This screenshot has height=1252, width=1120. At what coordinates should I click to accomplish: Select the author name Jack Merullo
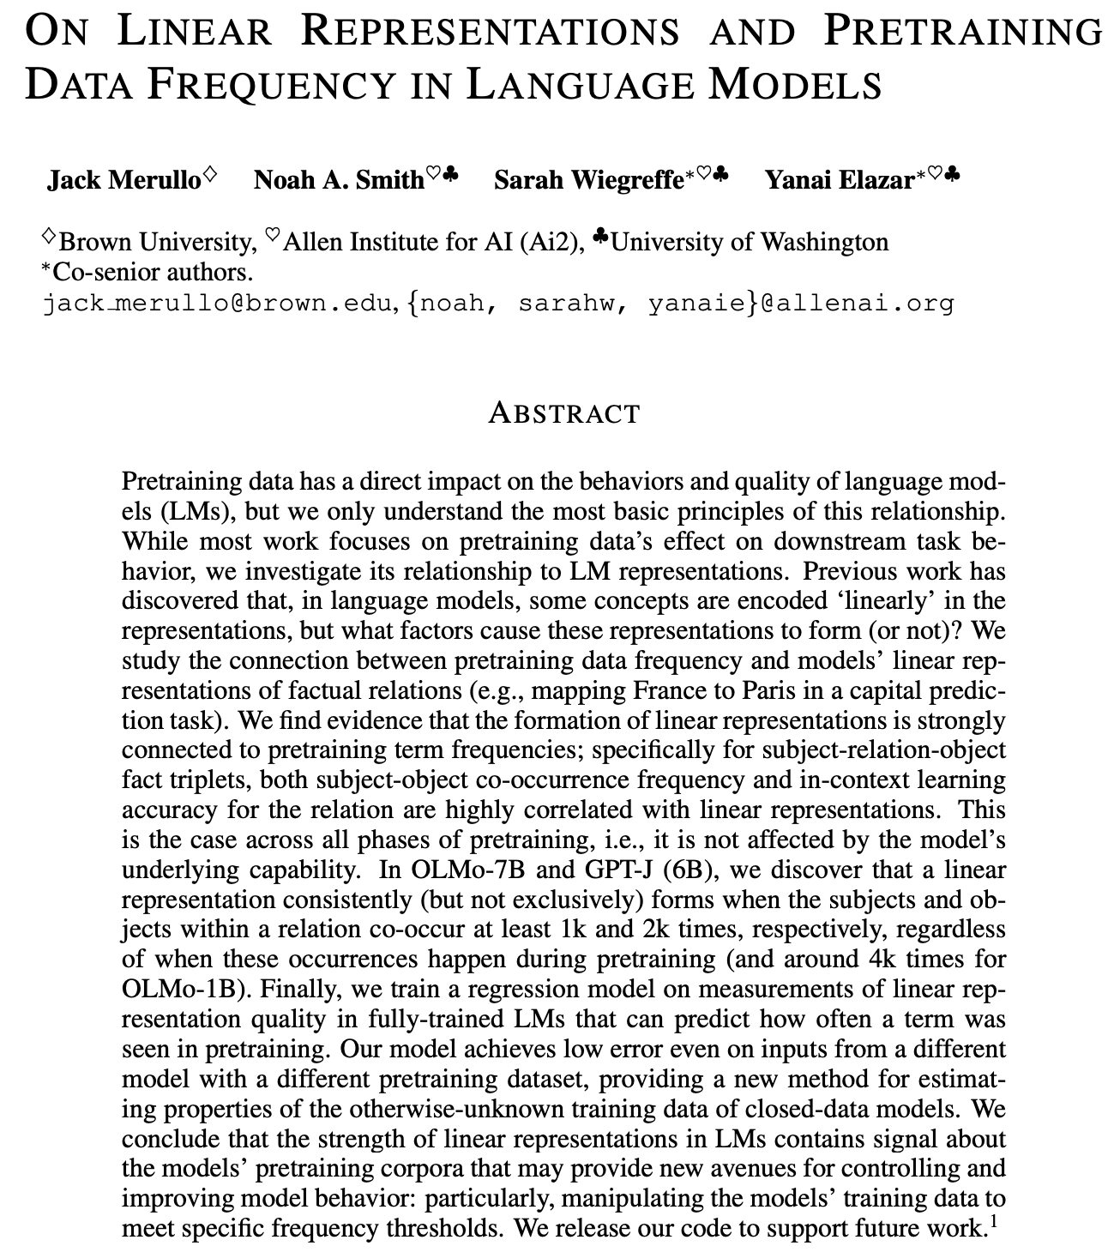point(123,180)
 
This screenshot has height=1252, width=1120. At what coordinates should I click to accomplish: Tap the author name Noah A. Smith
point(339,180)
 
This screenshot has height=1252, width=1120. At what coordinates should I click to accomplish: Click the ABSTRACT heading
point(563,413)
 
